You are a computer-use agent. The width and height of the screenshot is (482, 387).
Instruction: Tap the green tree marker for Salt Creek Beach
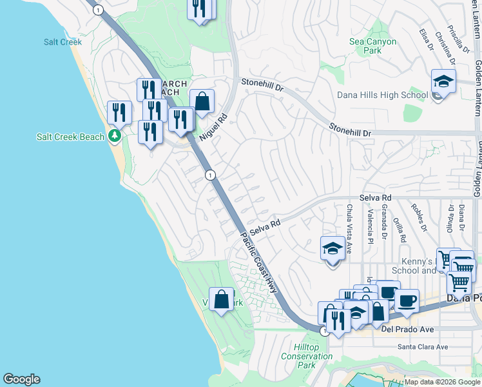[x=115, y=135]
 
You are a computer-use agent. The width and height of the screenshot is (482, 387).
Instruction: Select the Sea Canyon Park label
[x=372, y=46]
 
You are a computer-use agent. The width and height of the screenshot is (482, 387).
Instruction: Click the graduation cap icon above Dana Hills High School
[x=443, y=82]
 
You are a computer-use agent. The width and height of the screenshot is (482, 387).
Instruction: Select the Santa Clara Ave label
[x=422, y=346]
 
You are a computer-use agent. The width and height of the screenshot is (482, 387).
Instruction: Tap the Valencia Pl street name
[x=371, y=226]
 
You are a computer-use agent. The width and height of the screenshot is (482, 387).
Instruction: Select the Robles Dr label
[x=420, y=219]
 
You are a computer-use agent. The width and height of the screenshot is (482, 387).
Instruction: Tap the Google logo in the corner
[x=21, y=379]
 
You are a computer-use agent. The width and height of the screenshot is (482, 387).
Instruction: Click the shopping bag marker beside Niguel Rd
[x=202, y=101]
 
